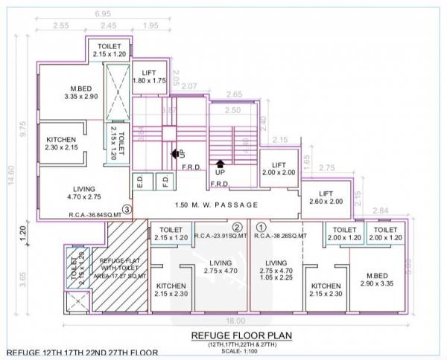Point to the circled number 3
tap(127, 210)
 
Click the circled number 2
tap(237, 227)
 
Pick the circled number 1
tap(261, 227)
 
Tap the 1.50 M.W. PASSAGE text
tap(217, 205)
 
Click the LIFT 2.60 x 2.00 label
tap(326, 196)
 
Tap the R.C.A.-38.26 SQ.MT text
tap(281, 236)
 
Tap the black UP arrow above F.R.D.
tap(220, 164)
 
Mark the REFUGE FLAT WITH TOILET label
tap(118, 268)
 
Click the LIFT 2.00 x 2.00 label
tap(279, 168)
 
